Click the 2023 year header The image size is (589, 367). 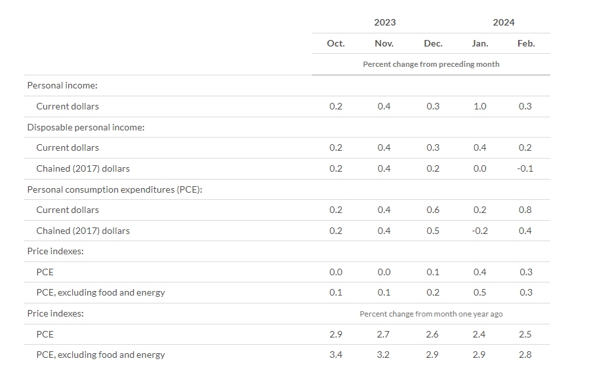point(384,22)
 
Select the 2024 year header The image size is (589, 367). point(503,22)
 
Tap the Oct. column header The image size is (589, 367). point(336,43)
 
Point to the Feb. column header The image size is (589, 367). point(526,43)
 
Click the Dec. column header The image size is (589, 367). point(433,43)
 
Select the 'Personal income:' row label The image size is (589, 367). point(62,86)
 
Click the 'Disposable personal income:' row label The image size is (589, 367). point(86,127)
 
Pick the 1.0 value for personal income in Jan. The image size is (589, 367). point(479,106)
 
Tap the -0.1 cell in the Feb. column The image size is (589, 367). point(525,168)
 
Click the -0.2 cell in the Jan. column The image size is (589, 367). point(479,231)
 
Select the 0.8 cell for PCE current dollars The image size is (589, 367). point(525,210)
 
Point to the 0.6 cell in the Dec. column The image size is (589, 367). point(433,210)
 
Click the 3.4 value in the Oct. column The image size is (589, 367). point(336,355)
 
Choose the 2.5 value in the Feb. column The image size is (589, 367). point(525,334)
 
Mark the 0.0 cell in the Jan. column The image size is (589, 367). point(479,168)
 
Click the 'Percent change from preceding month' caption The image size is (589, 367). point(431,64)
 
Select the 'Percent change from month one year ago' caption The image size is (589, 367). point(431,314)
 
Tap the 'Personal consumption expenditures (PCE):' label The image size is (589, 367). point(115,189)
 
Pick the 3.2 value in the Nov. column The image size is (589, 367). point(384,355)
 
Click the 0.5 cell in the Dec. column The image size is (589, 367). point(433,231)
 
